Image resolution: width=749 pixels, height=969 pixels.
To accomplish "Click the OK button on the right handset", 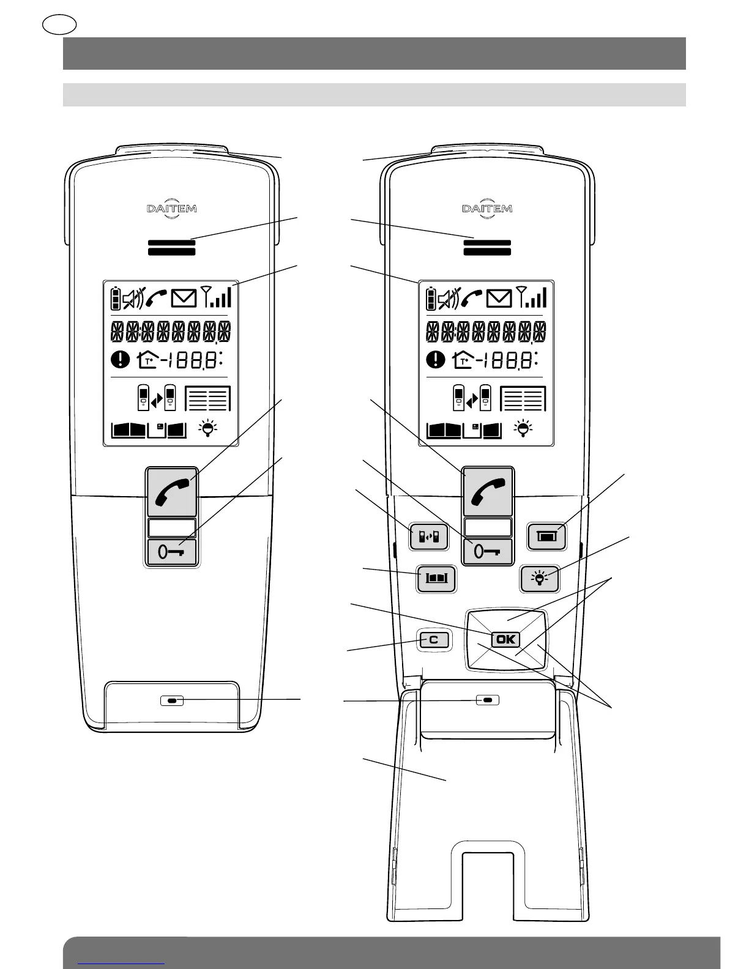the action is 505,639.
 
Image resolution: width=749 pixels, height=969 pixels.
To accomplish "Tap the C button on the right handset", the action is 434,640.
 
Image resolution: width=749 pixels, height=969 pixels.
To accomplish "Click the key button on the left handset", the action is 172,552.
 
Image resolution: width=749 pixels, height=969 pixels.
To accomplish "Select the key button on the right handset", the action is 487,552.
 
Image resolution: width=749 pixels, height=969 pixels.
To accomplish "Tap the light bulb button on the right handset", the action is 540,577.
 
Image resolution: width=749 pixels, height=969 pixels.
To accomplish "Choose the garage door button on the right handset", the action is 547,536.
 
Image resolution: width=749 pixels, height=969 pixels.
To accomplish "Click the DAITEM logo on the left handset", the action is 172,209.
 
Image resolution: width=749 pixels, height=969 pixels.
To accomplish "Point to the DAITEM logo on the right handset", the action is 487,209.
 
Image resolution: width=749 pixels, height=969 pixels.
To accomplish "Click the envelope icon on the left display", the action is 184,299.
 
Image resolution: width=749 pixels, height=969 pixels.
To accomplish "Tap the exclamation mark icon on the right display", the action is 436,359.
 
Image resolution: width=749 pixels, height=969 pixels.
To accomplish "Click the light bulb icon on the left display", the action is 208,428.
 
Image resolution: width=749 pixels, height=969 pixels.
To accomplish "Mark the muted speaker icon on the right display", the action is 447,299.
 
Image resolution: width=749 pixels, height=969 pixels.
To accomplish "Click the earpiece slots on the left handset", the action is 172,247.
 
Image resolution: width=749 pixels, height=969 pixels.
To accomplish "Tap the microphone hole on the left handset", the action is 172,700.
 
